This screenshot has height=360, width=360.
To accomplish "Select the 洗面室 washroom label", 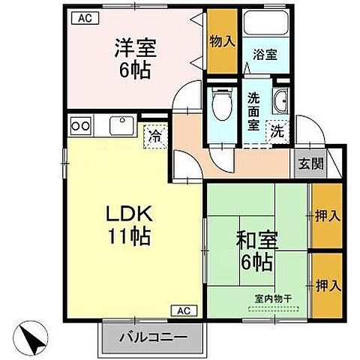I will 254,111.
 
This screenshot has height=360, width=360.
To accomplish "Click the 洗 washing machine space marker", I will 277,130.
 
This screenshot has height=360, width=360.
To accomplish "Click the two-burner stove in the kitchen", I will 80,124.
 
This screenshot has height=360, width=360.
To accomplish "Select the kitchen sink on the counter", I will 120,124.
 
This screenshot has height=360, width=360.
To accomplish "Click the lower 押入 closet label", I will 325,286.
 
